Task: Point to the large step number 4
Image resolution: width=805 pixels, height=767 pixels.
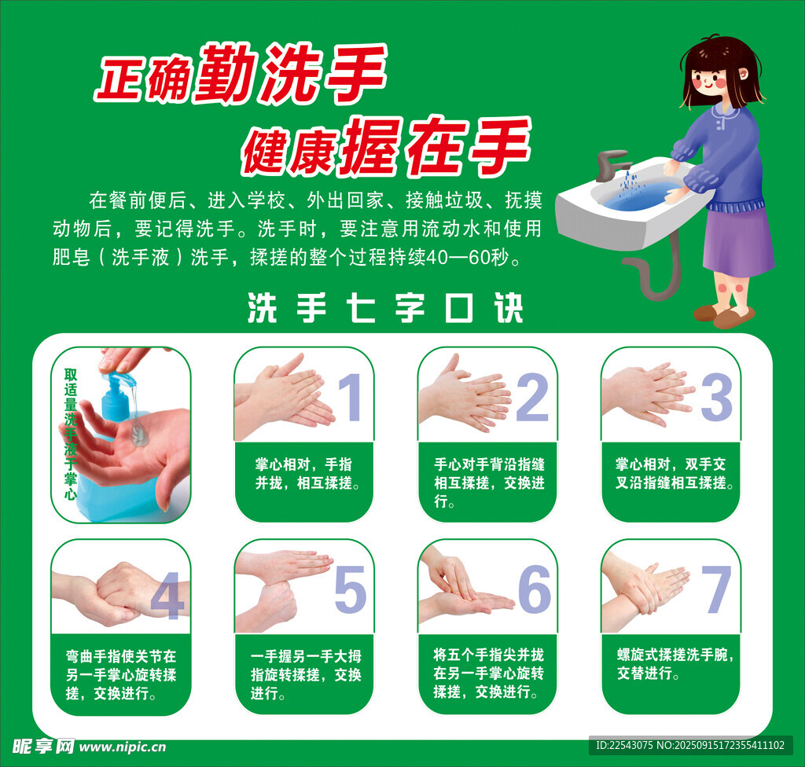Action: (x=168, y=596)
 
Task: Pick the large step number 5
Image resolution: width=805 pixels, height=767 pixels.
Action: (x=350, y=589)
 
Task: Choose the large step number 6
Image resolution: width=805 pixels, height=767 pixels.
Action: (x=535, y=589)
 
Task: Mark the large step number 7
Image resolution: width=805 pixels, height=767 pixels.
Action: (x=716, y=589)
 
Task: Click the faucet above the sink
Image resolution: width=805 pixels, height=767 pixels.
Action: (x=612, y=164)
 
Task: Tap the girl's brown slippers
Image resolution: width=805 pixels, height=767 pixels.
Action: (x=724, y=314)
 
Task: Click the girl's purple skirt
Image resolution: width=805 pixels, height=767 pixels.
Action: (x=738, y=240)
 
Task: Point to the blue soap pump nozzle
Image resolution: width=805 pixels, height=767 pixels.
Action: (x=119, y=379)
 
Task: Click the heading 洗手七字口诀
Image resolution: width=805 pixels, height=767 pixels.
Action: (x=385, y=308)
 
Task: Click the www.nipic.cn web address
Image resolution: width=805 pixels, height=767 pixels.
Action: (x=123, y=747)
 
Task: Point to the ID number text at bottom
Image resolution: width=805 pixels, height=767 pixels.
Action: (x=690, y=746)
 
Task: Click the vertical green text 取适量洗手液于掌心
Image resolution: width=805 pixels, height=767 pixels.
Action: (x=70, y=434)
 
